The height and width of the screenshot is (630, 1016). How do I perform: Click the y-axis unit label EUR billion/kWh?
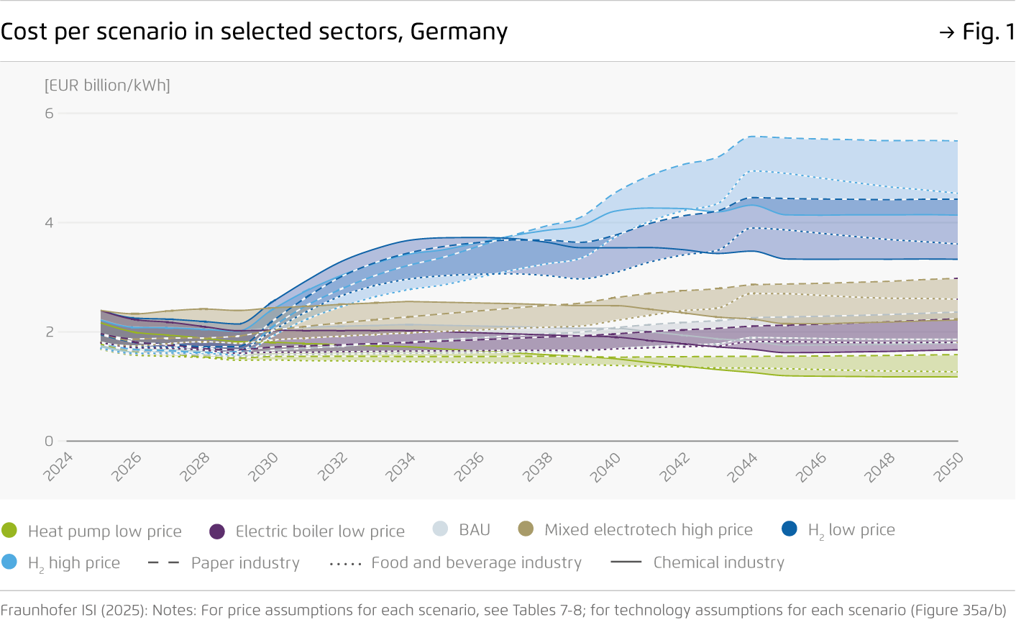[107, 86]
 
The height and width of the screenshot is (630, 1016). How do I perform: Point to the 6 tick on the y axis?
[49, 113]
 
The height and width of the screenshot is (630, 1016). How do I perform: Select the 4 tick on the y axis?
[49, 223]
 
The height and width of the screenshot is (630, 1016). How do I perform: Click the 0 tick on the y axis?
[49, 441]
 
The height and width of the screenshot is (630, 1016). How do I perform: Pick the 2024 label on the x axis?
[58, 467]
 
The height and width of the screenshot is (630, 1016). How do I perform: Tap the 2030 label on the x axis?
[263, 467]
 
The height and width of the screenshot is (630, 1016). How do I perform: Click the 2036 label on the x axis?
[469, 467]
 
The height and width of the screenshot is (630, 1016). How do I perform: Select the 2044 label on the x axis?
[742, 467]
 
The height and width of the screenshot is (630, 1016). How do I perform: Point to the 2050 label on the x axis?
[948, 467]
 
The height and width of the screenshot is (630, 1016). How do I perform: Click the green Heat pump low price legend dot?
[9, 531]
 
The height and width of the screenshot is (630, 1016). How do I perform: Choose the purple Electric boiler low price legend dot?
[217, 531]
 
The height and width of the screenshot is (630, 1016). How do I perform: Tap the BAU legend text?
[475, 530]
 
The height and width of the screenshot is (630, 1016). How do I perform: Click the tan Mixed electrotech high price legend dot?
[526, 529]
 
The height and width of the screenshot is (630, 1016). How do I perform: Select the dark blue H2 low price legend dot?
[790, 529]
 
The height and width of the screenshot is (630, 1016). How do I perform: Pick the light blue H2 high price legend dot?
[9, 562]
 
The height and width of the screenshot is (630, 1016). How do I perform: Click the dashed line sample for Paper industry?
[163, 562]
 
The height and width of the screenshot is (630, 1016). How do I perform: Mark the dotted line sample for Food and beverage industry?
[345, 563]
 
